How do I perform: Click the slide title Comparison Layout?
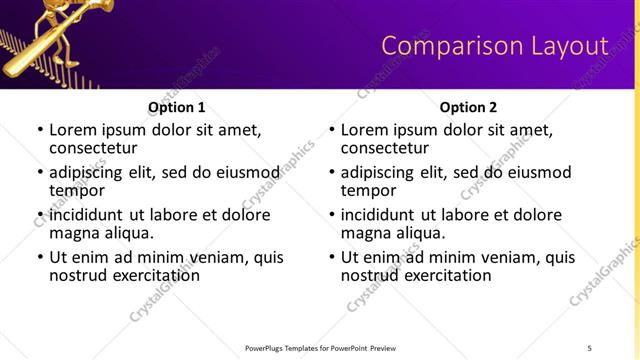495,46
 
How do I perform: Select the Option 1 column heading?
176,107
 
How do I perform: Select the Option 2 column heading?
468,107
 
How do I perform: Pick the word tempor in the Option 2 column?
369,190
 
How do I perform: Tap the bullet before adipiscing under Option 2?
331,173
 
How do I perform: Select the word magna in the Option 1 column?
75,233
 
